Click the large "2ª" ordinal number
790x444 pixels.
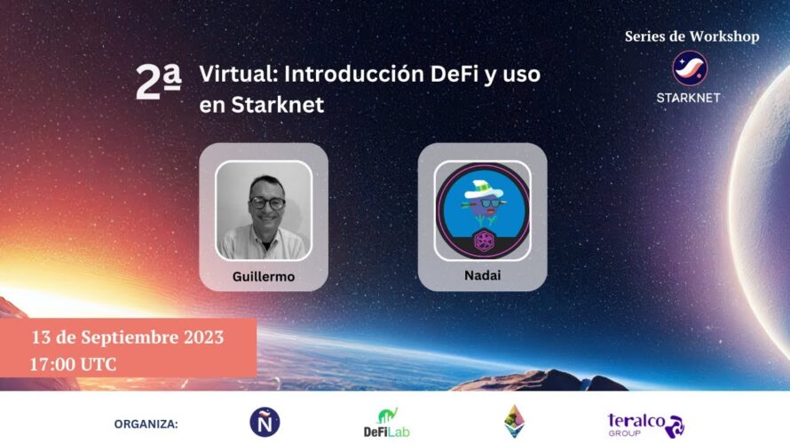[x=158, y=83]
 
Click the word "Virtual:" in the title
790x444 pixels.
[x=239, y=74]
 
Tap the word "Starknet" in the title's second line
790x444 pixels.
[x=278, y=105]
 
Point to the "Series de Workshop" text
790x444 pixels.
[x=691, y=36]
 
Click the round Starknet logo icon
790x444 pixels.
[x=690, y=68]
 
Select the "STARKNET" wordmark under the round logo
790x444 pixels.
[x=688, y=98]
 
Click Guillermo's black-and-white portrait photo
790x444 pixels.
[x=264, y=210]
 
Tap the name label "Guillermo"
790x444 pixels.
[x=264, y=276]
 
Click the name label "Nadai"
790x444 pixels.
[x=482, y=275]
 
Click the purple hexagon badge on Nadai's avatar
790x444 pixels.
[x=483, y=240]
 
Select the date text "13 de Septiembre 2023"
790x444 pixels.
[x=128, y=337]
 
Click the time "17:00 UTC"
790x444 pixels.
[x=74, y=364]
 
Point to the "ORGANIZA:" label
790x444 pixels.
[x=146, y=424]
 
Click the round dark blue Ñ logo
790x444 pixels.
[x=265, y=422]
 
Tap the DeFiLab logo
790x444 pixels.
[x=386, y=423]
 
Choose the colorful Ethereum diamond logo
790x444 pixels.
[x=515, y=421]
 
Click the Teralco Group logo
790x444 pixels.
[x=646, y=425]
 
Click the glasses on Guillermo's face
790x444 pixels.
[x=267, y=203]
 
